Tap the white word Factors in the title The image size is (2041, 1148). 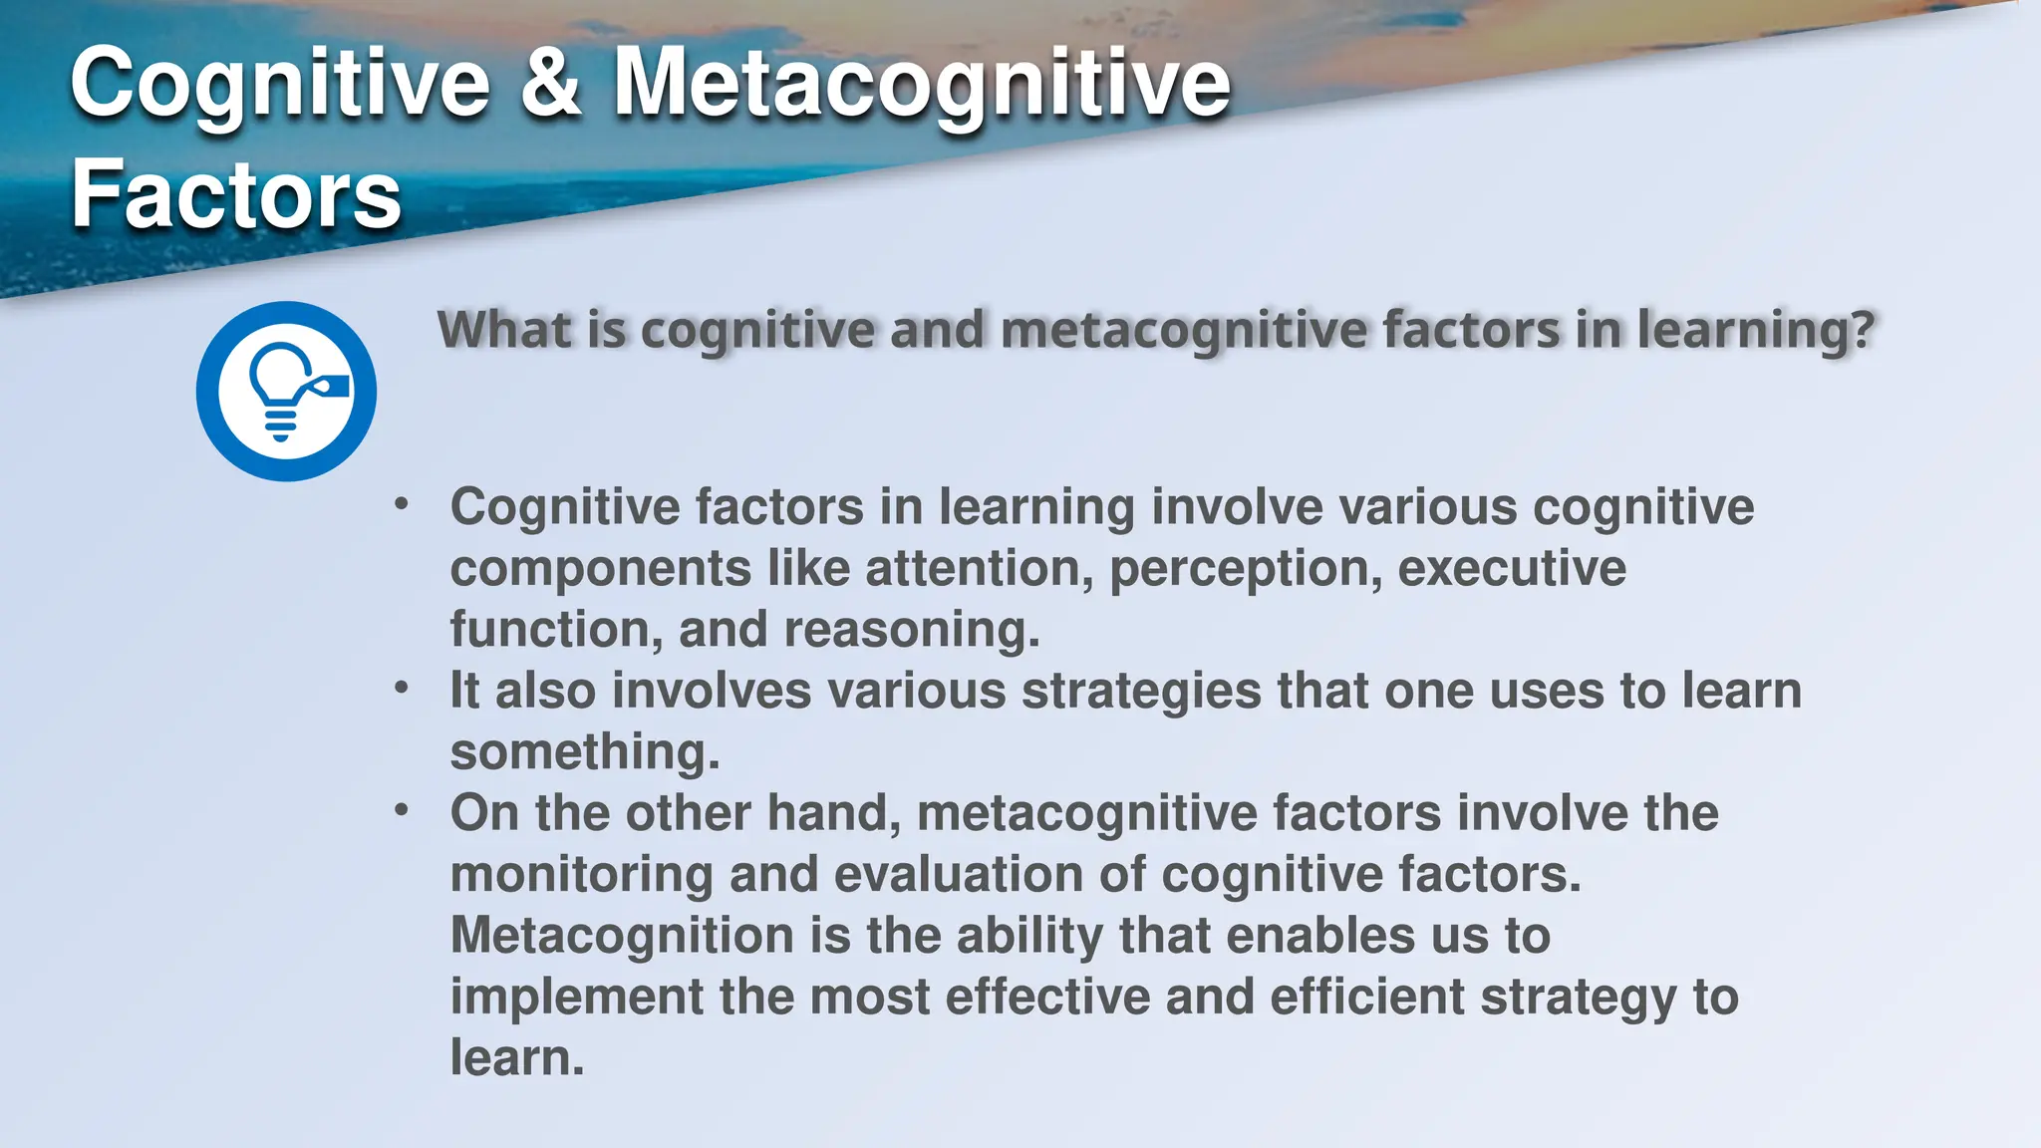236,194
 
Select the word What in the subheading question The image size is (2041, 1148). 504,330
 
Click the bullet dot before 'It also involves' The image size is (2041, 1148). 402,687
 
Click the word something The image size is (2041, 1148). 584,752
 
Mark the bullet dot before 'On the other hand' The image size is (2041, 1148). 402,809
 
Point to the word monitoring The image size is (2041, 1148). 581,875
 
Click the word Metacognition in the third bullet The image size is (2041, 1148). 622,936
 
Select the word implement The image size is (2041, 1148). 576,998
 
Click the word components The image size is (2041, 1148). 601,569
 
